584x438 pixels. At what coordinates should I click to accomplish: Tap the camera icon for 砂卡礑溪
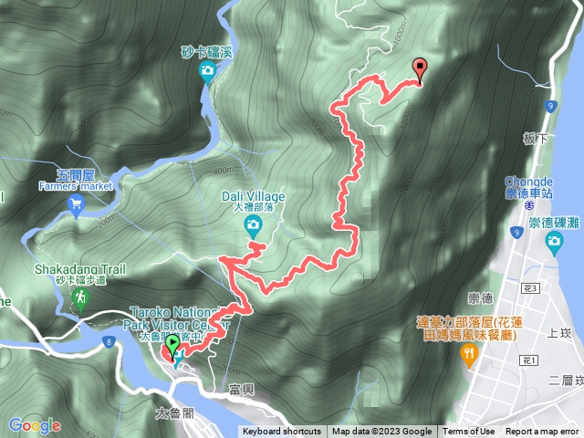tap(207, 71)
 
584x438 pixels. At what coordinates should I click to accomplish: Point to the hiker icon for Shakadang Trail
tap(80, 297)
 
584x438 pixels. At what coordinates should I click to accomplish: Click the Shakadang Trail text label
tap(79, 269)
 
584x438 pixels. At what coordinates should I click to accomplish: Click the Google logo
tap(35, 425)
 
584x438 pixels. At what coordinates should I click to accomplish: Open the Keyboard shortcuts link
tap(282, 432)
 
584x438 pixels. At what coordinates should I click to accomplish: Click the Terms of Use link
tap(469, 432)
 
